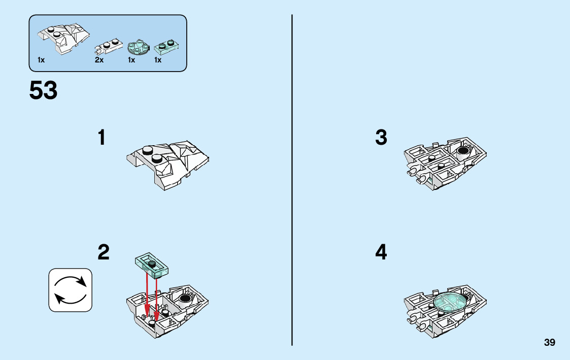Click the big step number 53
tap(44, 91)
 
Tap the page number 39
tap(550, 343)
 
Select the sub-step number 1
tap(102, 138)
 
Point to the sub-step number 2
tap(103, 252)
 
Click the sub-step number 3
tap(381, 138)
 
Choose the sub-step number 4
tap(381, 252)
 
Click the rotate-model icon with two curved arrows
tap(71, 290)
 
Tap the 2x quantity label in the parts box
tap(99, 60)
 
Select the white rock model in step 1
tap(168, 165)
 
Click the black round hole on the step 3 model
tap(462, 151)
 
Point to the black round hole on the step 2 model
tap(186, 299)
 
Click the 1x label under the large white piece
tap(41, 60)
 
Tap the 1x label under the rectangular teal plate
tap(158, 60)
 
